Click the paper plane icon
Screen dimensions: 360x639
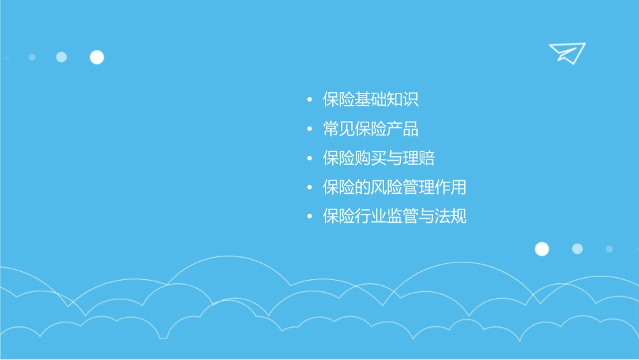click(566, 52)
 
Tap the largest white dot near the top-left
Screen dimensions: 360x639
click(97, 57)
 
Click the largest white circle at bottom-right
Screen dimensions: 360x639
click(541, 249)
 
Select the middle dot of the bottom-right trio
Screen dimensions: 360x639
click(577, 249)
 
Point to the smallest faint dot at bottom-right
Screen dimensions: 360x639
click(609, 249)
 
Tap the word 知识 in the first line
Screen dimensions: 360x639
click(403, 100)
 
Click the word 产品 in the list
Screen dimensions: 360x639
click(403, 129)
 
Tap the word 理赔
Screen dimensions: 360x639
click(419, 159)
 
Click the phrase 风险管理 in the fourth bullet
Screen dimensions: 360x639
click(403, 188)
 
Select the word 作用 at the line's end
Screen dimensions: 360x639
click(451, 188)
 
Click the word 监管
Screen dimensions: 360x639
click(403, 217)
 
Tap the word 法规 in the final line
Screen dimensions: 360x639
click(451, 217)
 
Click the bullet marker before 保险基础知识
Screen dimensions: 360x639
click(309, 101)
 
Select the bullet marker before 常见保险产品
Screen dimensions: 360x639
click(309, 130)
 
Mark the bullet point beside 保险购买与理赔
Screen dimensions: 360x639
click(309, 159)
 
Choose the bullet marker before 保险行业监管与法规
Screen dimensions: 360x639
click(309, 217)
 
